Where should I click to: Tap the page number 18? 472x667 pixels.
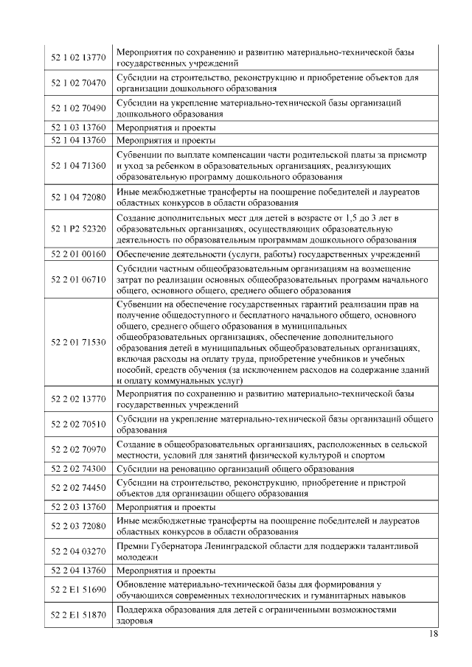434,635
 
